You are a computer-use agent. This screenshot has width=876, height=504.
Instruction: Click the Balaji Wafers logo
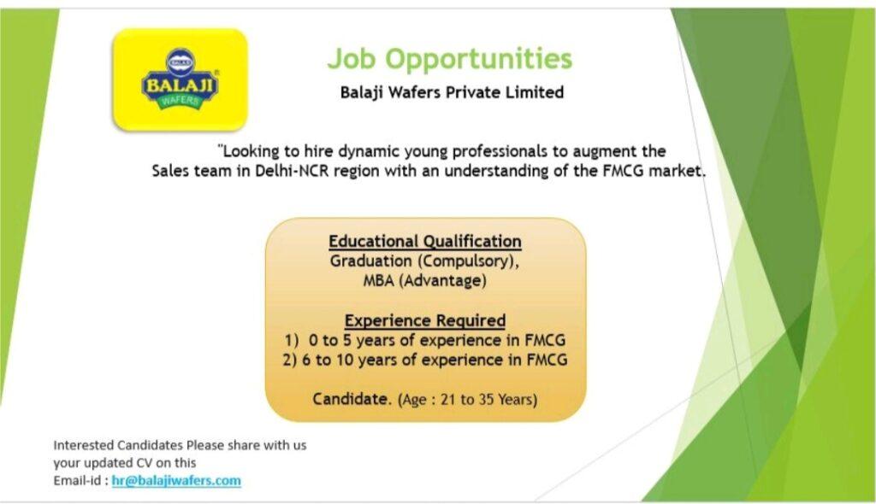pyautogui.click(x=180, y=79)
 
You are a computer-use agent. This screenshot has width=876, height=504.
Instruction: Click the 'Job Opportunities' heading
pyautogui.click(x=450, y=59)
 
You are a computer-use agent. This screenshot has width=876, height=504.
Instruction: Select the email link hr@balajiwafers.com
pyautogui.click(x=176, y=481)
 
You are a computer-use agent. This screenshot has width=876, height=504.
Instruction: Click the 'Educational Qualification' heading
pyautogui.click(x=425, y=241)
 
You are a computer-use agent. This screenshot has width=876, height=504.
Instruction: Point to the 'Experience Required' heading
pyautogui.click(x=425, y=320)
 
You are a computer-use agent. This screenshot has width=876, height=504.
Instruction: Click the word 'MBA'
pyautogui.click(x=379, y=280)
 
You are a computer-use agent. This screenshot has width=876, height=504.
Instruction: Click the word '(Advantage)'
pyautogui.click(x=442, y=281)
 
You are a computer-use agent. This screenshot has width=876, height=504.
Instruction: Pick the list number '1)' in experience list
pyautogui.click(x=292, y=341)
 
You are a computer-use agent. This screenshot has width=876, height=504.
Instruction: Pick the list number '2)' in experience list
pyautogui.click(x=289, y=360)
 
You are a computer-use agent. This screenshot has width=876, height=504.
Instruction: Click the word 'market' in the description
pyautogui.click(x=677, y=171)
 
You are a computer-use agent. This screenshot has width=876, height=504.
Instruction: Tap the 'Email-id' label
pyautogui.click(x=78, y=481)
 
